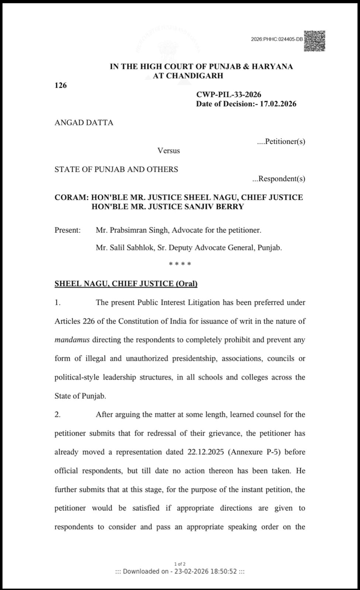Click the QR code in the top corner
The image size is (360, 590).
[315, 41]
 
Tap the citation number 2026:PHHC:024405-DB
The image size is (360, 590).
[277, 39]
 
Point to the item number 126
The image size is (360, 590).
[60, 86]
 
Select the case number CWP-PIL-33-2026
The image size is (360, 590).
[229, 95]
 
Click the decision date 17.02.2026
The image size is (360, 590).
[278, 104]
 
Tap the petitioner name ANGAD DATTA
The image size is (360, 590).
[84, 123]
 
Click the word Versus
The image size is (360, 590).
[169, 150]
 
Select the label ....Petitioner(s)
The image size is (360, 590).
[281, 141]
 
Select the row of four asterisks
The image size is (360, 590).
[180, 264]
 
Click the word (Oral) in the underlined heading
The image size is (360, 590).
[186, 284]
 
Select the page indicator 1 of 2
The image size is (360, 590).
[180, 564]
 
